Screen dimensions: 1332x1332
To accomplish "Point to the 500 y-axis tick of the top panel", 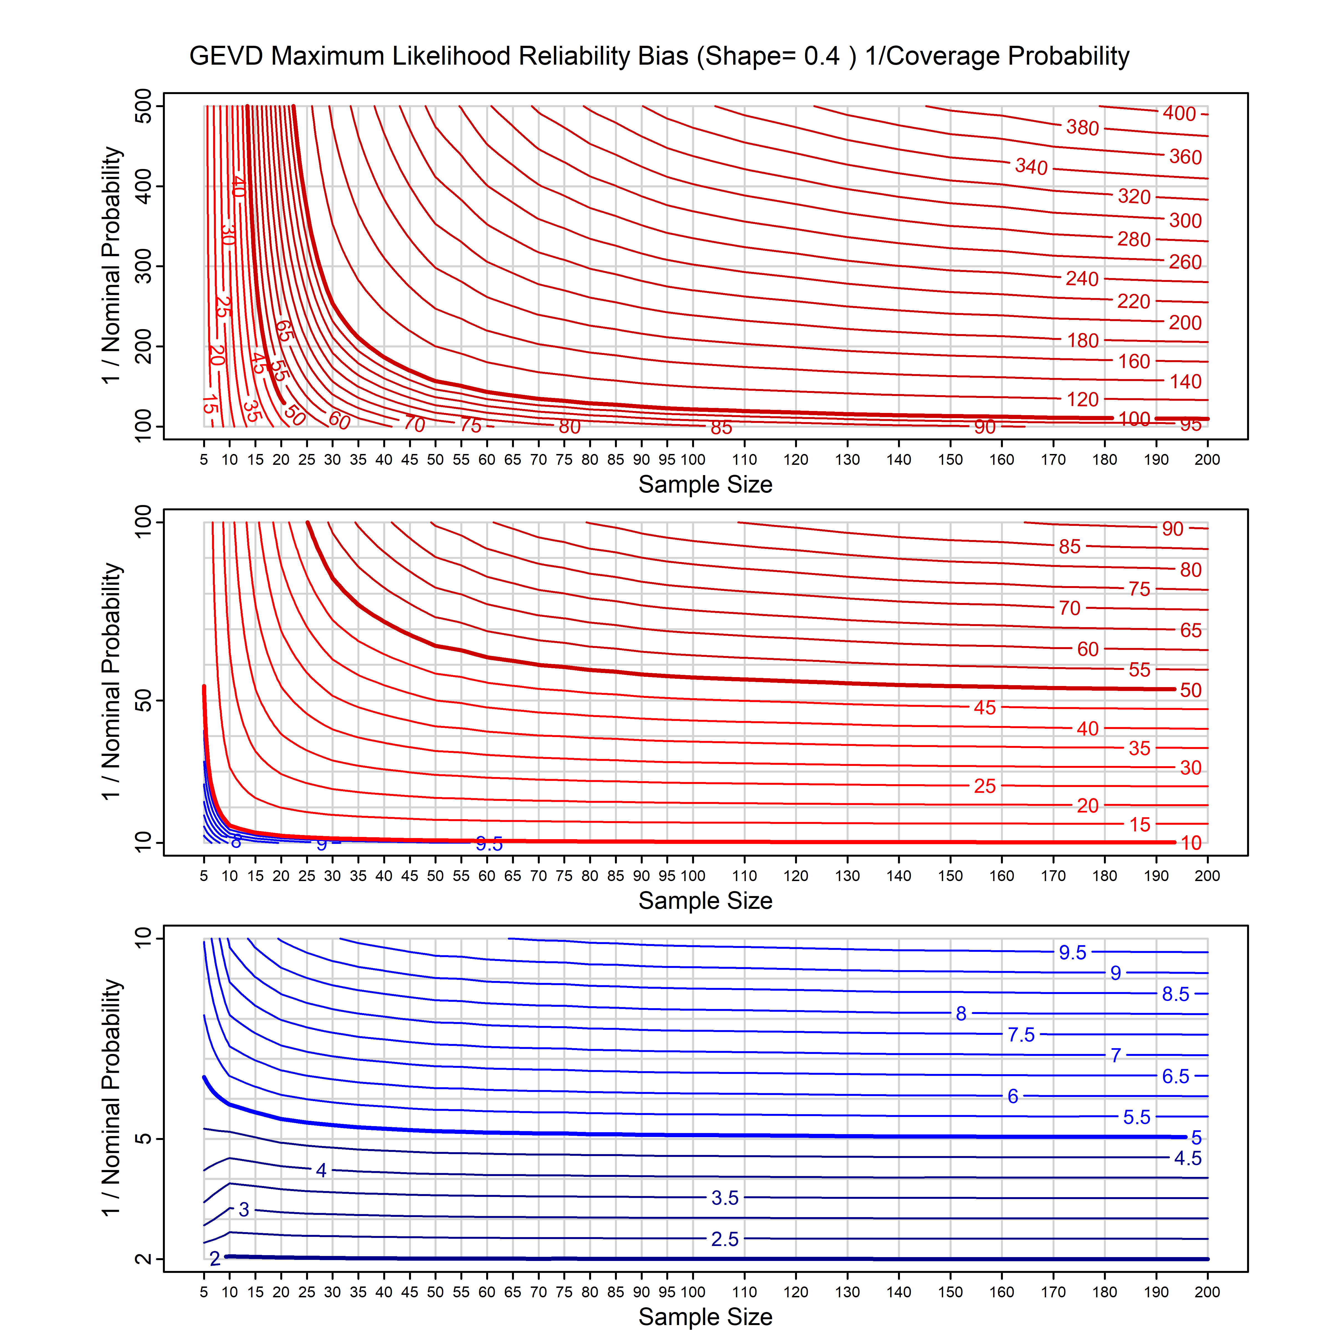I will (x=143, y=106).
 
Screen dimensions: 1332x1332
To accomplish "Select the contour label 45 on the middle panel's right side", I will (x=985, y=707).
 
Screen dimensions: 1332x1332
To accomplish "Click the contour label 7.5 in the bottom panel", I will (x=1021, y=1035).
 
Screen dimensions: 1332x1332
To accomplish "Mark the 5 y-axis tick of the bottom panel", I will (x=143, y=1138).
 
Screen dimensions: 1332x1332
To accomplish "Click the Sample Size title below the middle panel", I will (x=705, y=900).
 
